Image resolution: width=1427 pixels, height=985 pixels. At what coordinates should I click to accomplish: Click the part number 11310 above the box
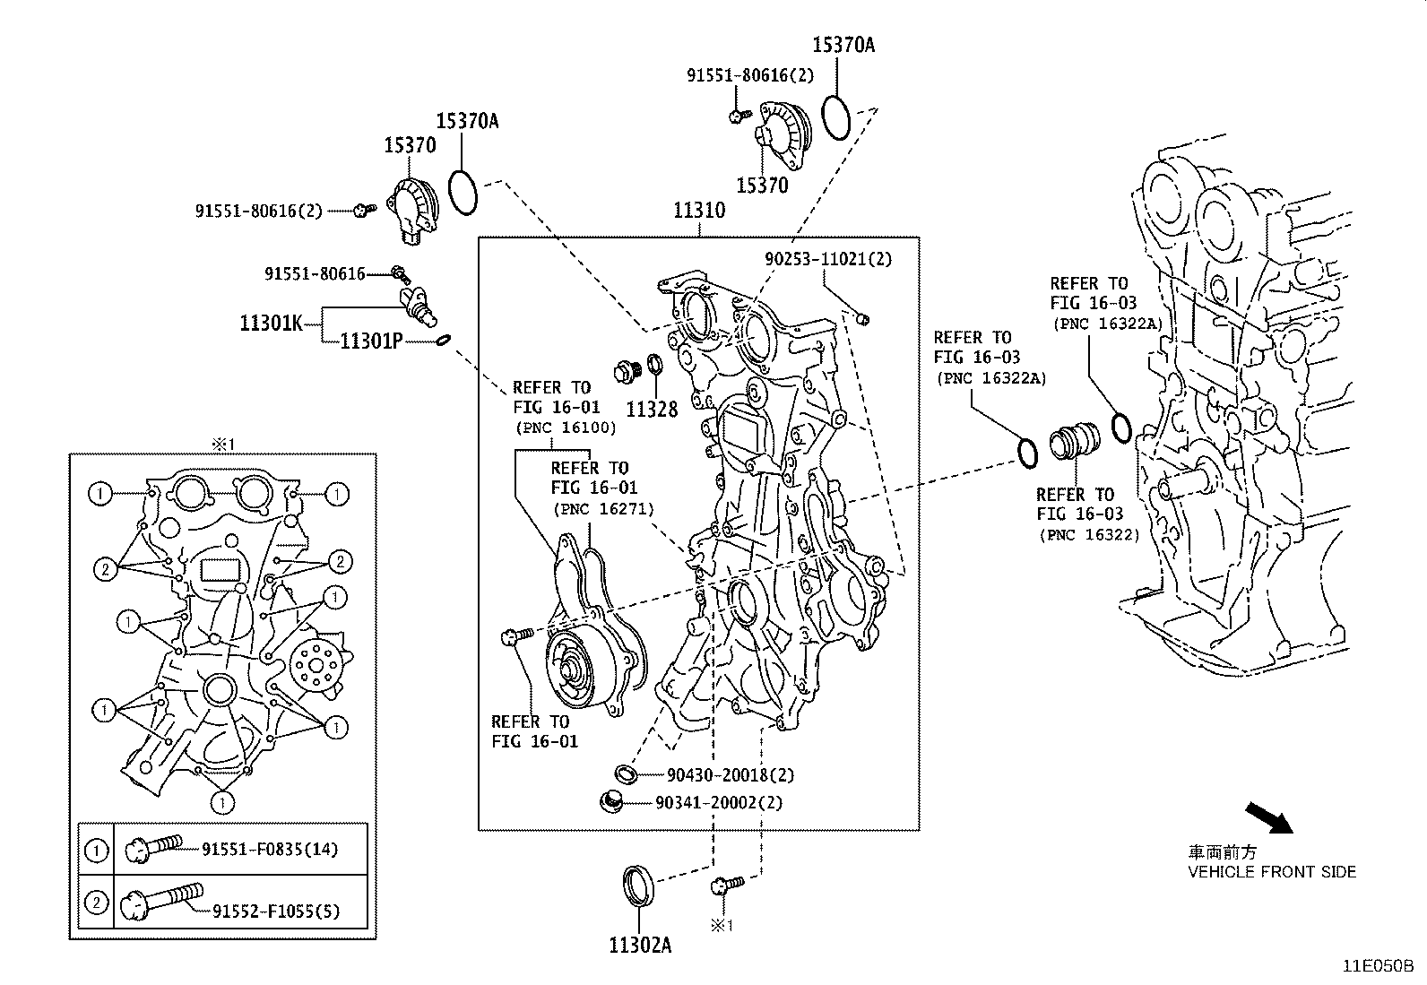click(699, 211)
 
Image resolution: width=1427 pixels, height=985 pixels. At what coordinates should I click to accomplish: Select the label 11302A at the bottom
click(640, 944)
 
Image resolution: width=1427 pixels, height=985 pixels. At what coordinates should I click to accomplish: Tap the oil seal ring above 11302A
click(639, 885)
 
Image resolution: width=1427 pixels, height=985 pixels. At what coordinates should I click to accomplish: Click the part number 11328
click(652, 410)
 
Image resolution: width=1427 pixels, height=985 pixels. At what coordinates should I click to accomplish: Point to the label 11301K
click(272, 323)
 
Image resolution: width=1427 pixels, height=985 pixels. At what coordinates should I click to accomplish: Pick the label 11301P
click(372, 341)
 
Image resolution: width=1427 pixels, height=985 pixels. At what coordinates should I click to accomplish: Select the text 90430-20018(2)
click(731, 775)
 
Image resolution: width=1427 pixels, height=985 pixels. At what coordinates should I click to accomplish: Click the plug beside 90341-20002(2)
click(611, 800)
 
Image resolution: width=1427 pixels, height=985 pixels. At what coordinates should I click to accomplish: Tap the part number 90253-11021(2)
click(828, 259)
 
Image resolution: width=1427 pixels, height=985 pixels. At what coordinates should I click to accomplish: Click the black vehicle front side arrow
click(1269, 817)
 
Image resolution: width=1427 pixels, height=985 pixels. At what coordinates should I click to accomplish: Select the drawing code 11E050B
click(1377, 966)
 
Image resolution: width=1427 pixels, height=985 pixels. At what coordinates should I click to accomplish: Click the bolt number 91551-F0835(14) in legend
click(269, 849)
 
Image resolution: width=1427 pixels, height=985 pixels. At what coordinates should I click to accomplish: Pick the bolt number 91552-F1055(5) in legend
click(276, 911)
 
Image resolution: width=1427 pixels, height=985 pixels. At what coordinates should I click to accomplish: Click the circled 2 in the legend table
click(95, 902)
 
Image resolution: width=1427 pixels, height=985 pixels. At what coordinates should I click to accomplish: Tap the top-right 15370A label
click(843, 44)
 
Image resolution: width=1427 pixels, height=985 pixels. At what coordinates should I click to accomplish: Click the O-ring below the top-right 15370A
click(835, 117)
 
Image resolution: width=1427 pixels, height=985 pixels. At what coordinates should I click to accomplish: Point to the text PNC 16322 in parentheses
click(1089, 535)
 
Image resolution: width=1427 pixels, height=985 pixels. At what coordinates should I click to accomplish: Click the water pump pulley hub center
click(568, 668)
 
